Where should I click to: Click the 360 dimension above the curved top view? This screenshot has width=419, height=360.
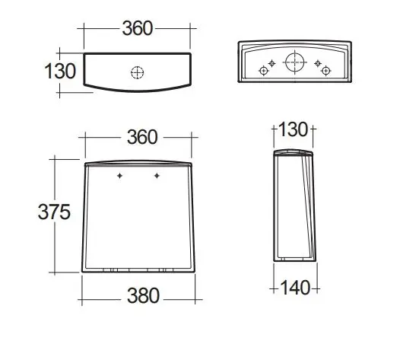pos(138,28)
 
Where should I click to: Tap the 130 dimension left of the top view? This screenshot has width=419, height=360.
pos(60,72)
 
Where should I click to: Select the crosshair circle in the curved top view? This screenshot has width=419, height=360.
pos(138,72)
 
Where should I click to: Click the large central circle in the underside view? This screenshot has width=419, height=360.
pos(294,62)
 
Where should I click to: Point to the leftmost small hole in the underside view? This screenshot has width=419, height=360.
pos(263,71)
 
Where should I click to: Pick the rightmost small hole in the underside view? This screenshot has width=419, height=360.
pos(325,71)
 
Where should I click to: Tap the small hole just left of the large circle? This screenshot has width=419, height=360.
pos(271,63)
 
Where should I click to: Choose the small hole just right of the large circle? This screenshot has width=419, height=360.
pos(317,63)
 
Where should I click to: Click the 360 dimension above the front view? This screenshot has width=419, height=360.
pos(142,137)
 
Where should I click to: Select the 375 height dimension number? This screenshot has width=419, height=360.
pos(54,212)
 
